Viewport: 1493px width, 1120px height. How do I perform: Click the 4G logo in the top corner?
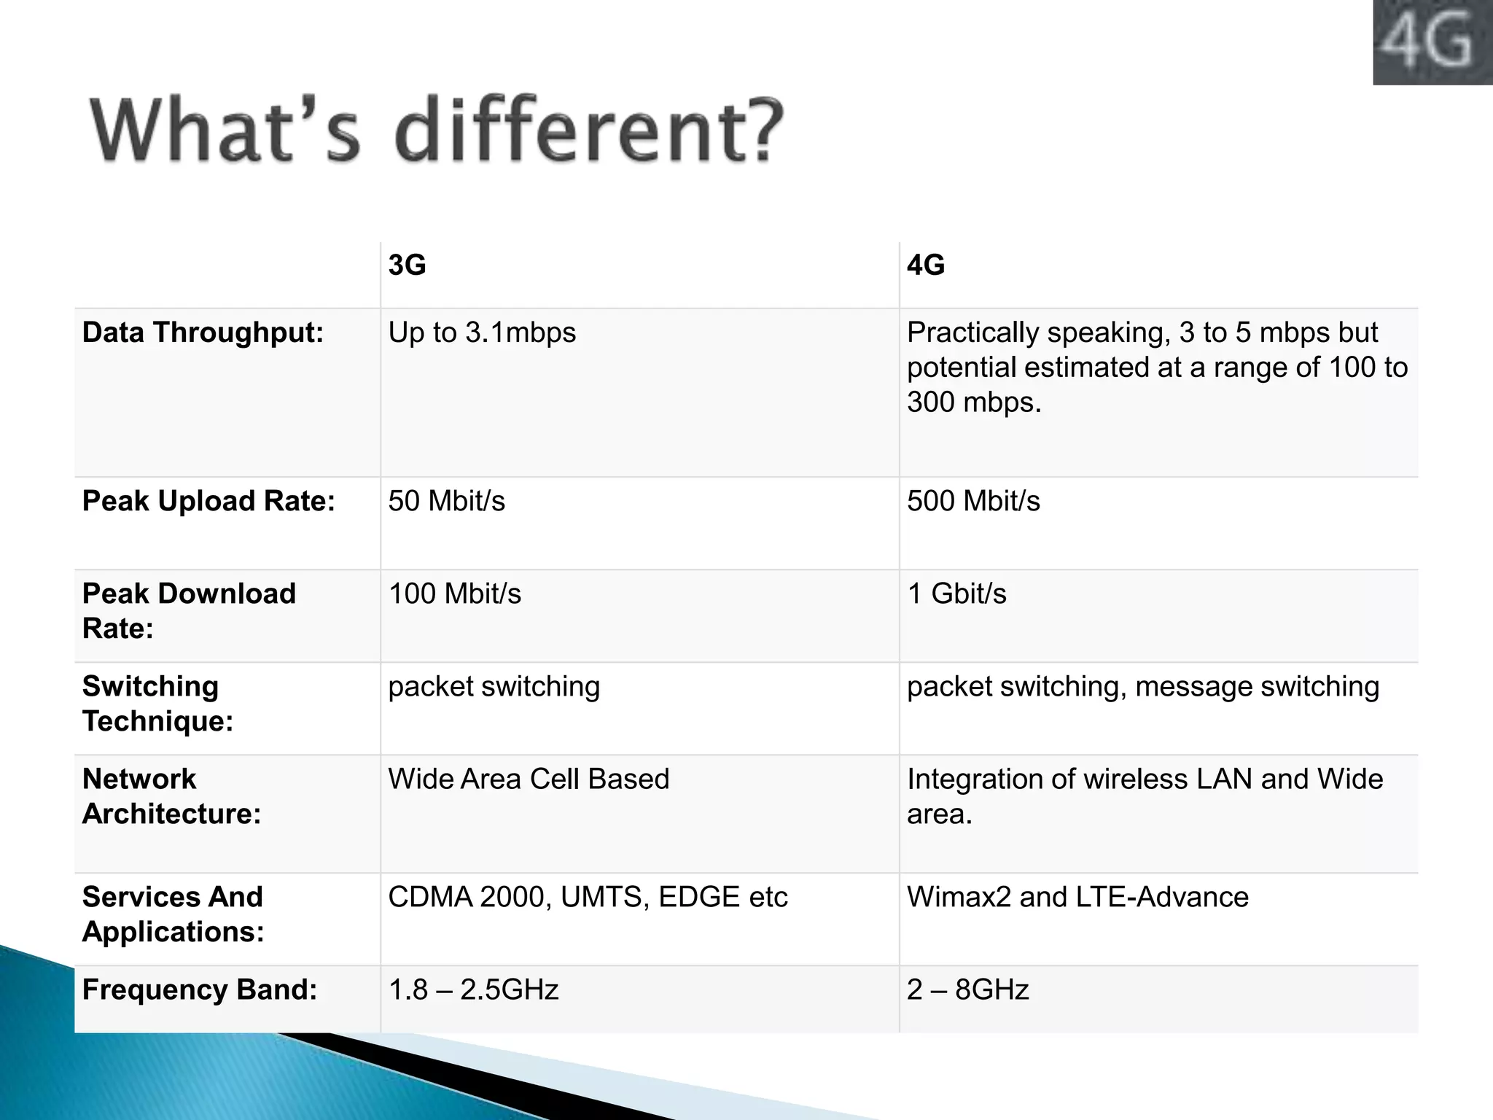1432,42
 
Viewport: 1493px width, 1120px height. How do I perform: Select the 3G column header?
407,265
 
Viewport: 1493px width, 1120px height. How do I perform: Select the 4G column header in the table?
926,265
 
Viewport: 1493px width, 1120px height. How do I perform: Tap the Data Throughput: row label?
203,332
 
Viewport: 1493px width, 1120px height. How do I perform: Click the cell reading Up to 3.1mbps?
482,332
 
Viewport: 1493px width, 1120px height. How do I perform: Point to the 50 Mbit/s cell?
446,501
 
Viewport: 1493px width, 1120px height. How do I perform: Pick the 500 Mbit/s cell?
973,501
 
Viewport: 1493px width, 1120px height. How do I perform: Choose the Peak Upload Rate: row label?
208,501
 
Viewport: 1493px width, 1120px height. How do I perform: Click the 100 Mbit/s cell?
455,594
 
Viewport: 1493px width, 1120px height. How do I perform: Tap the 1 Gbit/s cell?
956,594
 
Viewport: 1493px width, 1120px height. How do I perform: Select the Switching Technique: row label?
157,704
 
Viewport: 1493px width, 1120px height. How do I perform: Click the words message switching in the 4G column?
1257,687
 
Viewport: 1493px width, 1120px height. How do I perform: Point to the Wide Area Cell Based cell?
529,779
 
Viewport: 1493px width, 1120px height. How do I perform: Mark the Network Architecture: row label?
171,796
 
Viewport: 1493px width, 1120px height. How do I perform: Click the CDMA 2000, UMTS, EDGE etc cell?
588,897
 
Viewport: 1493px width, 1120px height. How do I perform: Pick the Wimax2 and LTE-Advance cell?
1077,897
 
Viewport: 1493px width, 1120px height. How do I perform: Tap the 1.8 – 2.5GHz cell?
473,989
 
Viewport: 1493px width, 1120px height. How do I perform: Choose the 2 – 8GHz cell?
967,989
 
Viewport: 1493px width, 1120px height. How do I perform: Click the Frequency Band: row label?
200,989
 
